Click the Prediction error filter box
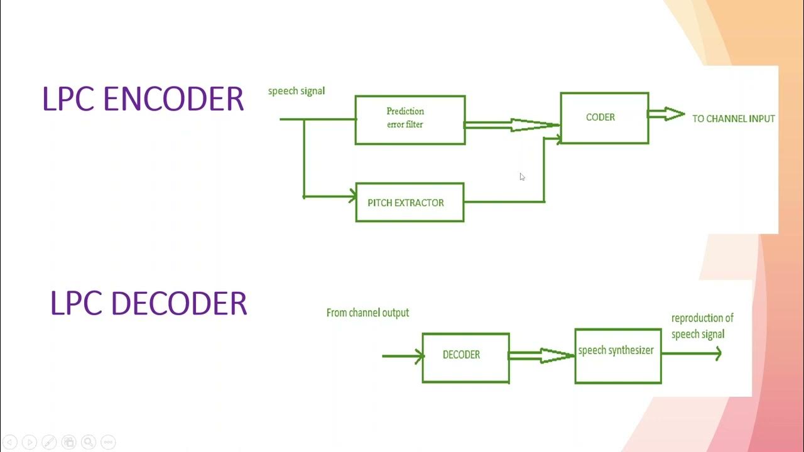click(410, 120)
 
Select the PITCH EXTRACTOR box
click(410, 202)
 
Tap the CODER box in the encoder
click(604, 118)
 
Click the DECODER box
click(465, 358)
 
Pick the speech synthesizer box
click(618, 356)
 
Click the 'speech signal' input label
click(296, 91)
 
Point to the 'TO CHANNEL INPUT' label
click(733, 119)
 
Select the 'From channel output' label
click(367, 313)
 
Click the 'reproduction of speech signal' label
click(702, 326)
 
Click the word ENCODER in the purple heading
click(173, 99)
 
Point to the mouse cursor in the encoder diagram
click(522, 177)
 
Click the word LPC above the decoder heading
click(76, 303)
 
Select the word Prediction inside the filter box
click(405, 111)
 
